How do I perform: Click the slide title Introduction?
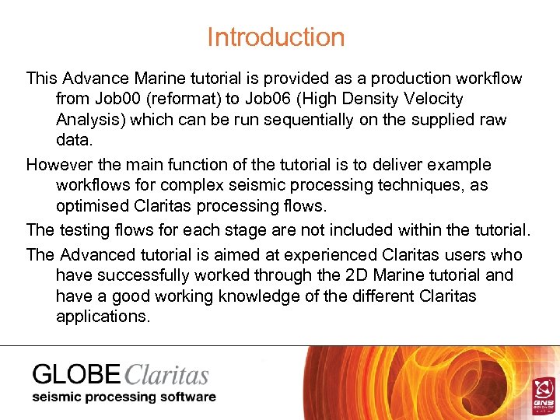pyautogui.click(x=275, y=37)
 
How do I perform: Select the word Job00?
pyautogui.click(x=116, y=100)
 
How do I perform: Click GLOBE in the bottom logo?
pyautogui.click(x=76, y=375)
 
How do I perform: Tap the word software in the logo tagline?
pyautogui.click(x=186, y=397)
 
